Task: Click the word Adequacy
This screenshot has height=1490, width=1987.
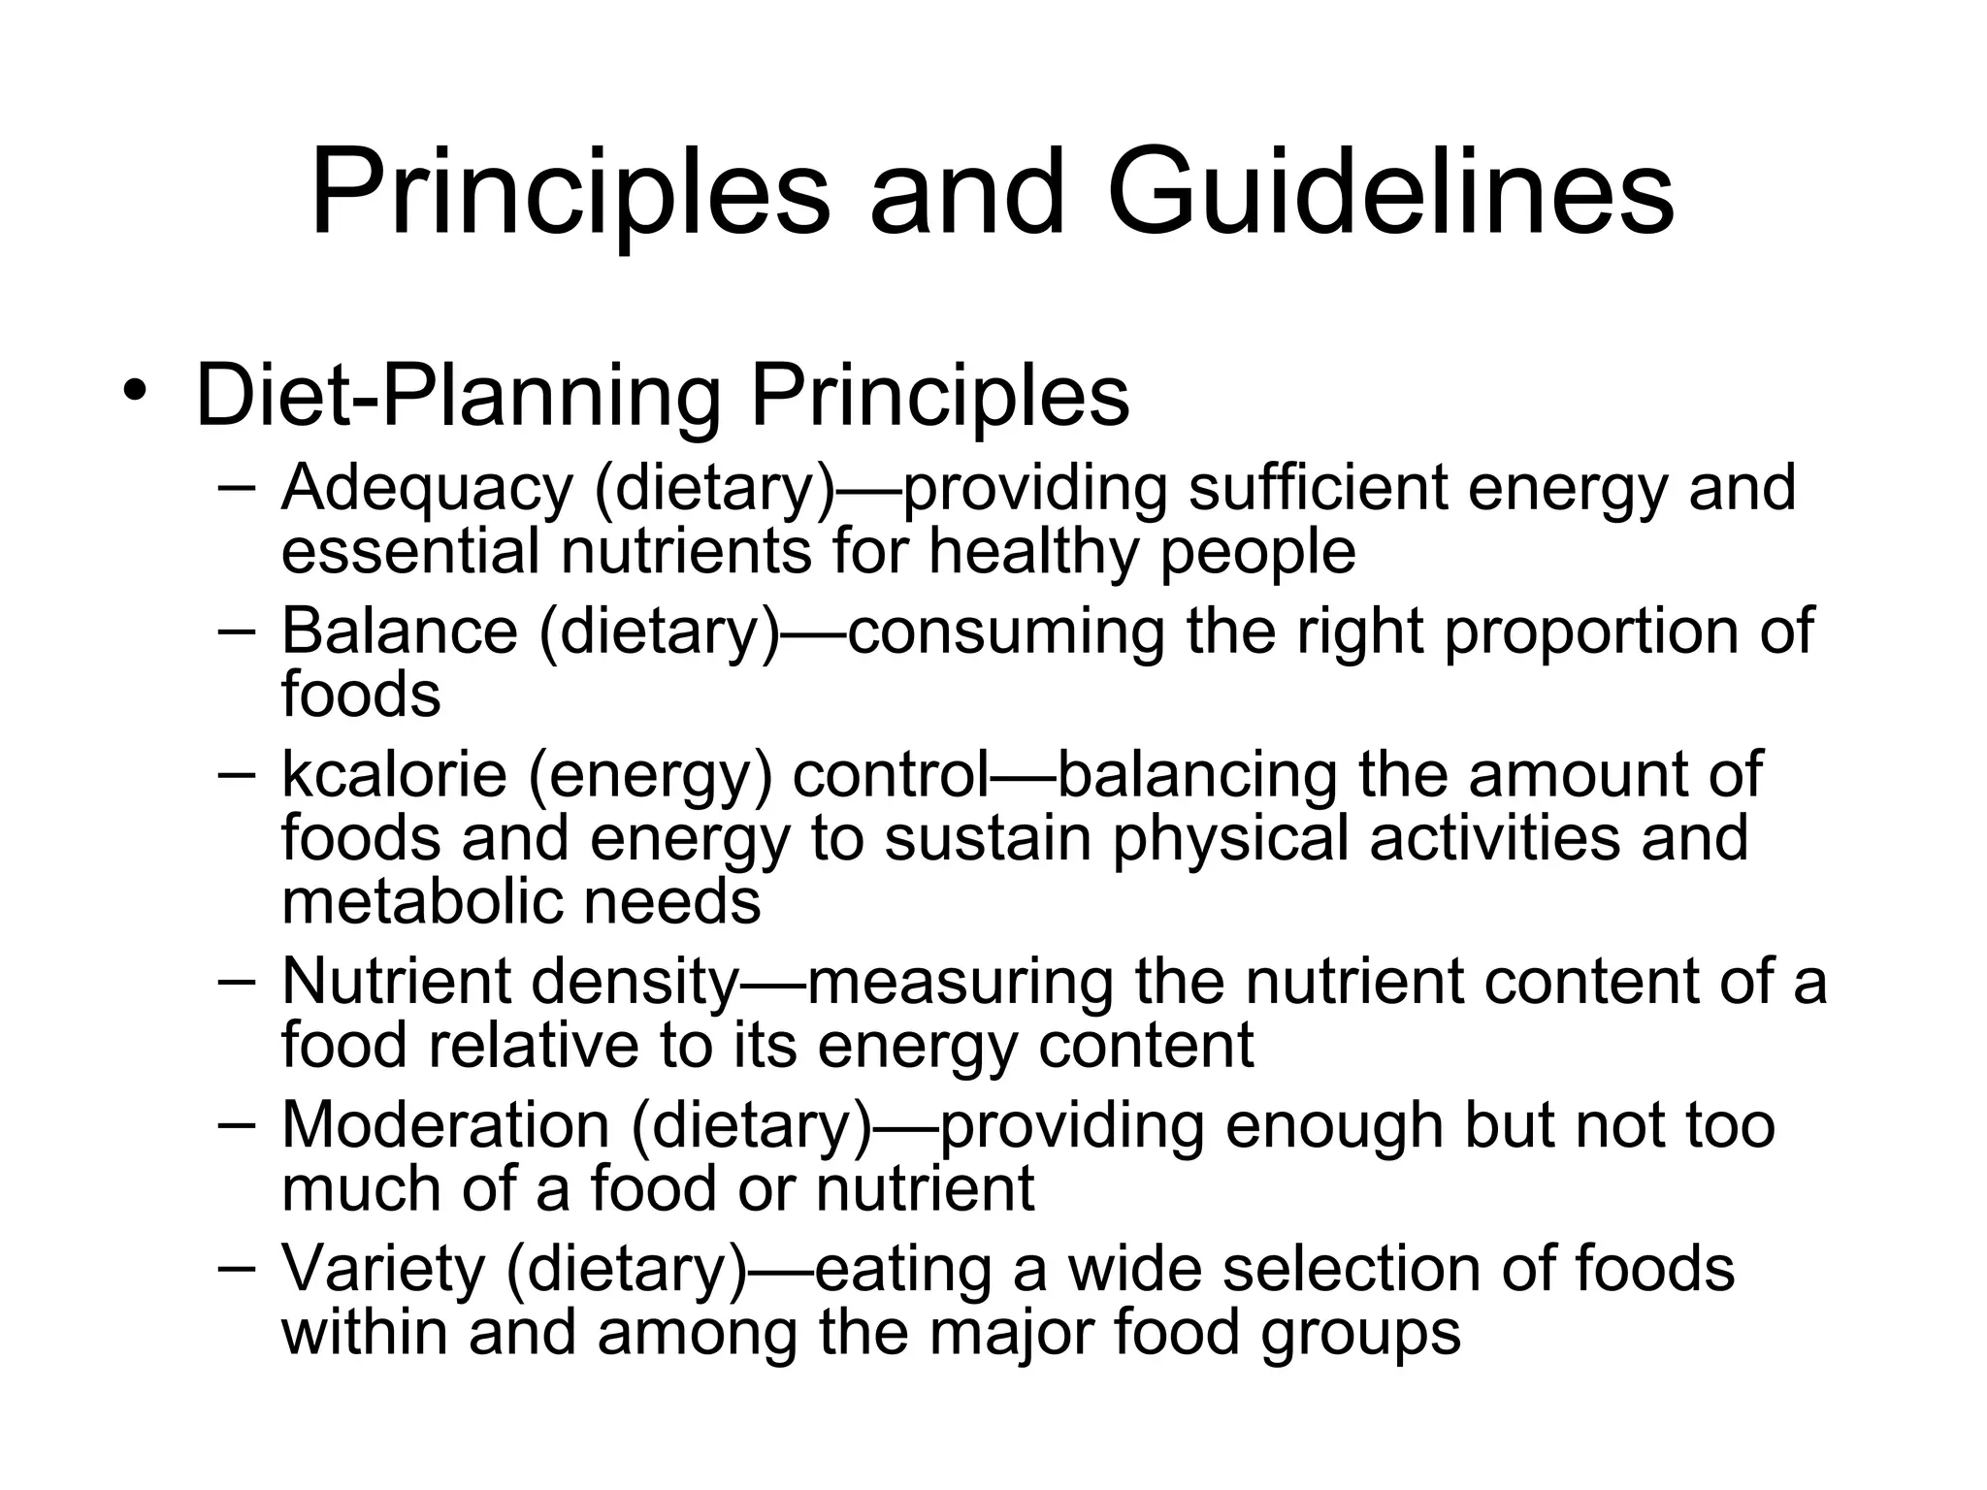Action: click(x=427, y=490)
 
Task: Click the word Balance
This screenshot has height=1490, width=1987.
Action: click(x=400, y=631)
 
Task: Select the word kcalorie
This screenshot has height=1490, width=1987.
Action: click(x=394, y=774)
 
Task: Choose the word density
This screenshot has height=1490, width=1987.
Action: click(x=635, y=982)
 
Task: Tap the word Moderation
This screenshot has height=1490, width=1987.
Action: click(x=445, y=1125)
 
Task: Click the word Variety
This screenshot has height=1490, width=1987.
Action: click(x=382, y=1268)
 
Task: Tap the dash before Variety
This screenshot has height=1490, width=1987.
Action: click(x=237, y=1266)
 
